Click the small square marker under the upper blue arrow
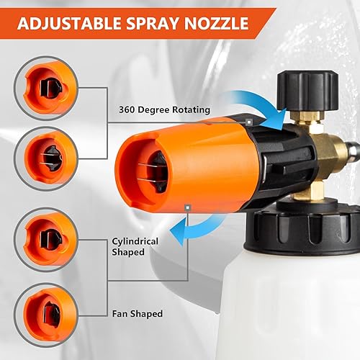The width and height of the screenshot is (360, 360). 248,122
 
